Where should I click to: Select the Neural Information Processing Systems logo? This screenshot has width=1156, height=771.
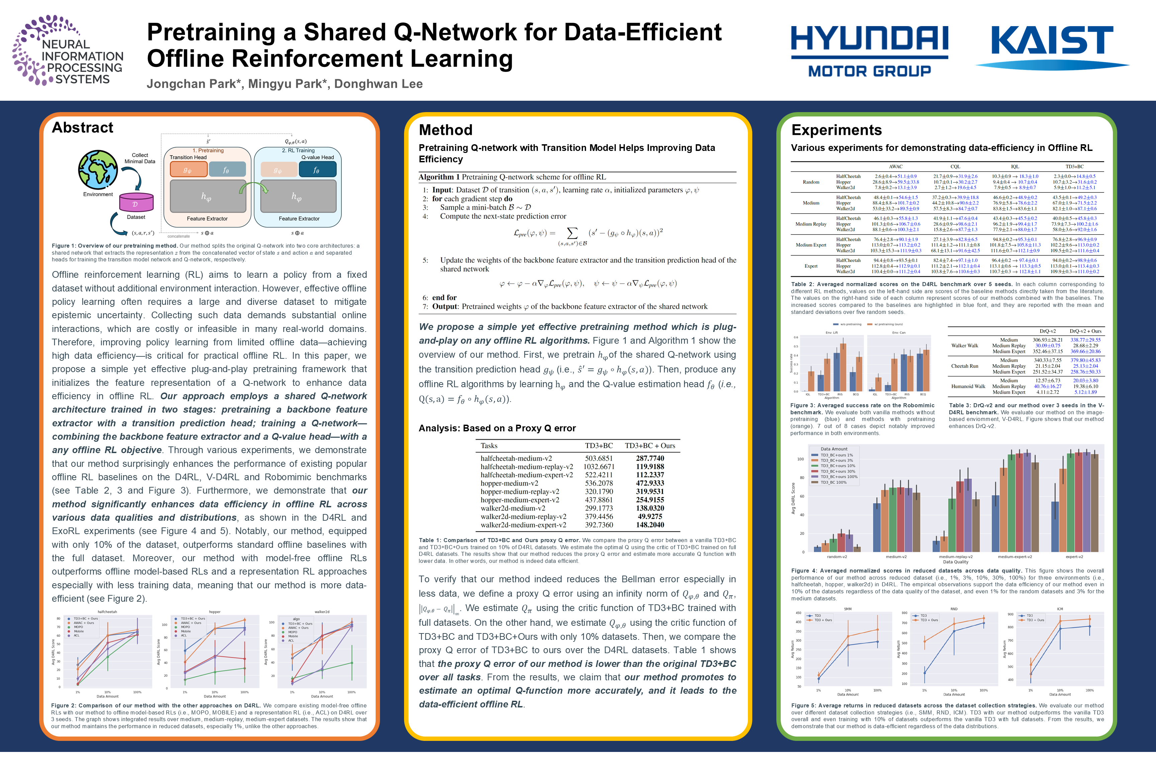pos(68,51)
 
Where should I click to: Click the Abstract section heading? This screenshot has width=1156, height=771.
pos(83,128)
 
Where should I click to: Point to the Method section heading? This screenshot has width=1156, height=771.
pos(445,130)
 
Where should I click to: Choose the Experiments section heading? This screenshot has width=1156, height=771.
pos(837,130)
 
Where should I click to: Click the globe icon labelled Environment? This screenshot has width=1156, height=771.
pos(98,170)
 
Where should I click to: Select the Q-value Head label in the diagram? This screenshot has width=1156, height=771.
pos(317,157)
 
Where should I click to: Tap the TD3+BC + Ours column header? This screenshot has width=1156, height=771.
pos(650,445)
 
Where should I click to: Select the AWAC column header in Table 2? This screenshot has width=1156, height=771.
pos(895,167)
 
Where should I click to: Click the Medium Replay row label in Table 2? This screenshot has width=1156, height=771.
pos(811,224)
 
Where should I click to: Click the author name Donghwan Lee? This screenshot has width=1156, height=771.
pos(378,84)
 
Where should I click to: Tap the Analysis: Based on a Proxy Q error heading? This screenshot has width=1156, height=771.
pos(497,428)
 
